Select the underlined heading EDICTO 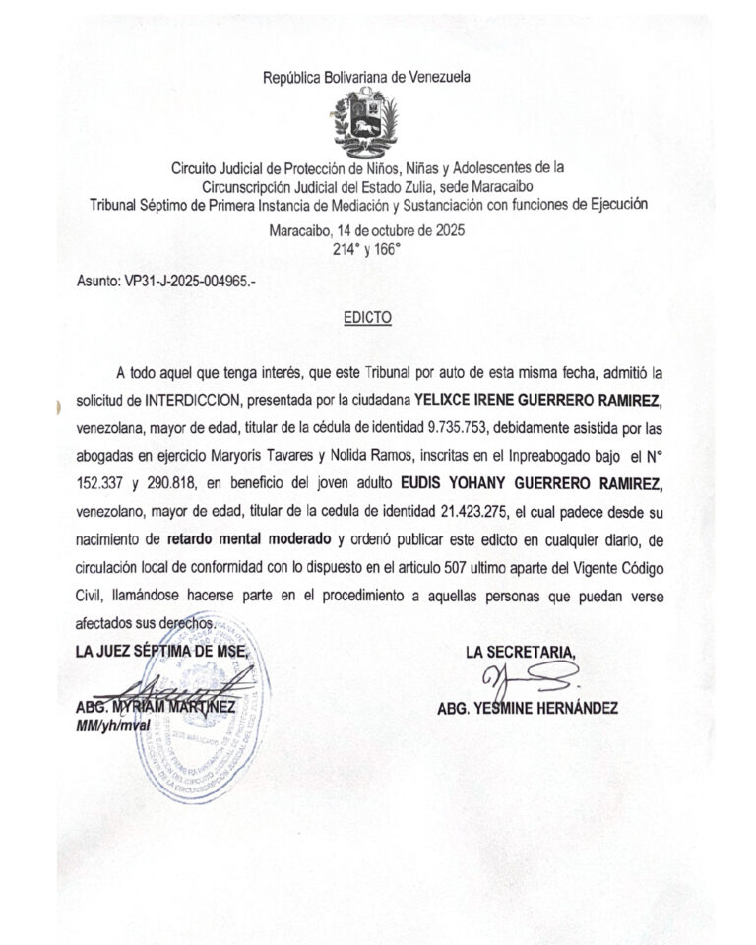click(368, 319)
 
